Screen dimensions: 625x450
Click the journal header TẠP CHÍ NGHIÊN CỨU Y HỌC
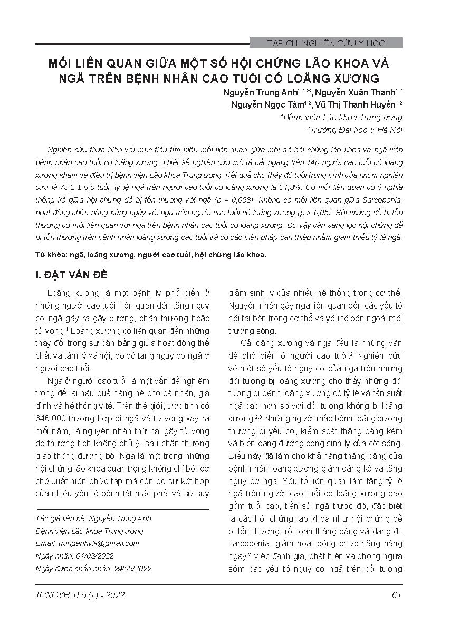tap(326, 43)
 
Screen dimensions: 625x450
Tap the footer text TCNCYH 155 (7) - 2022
tap(80, 595)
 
